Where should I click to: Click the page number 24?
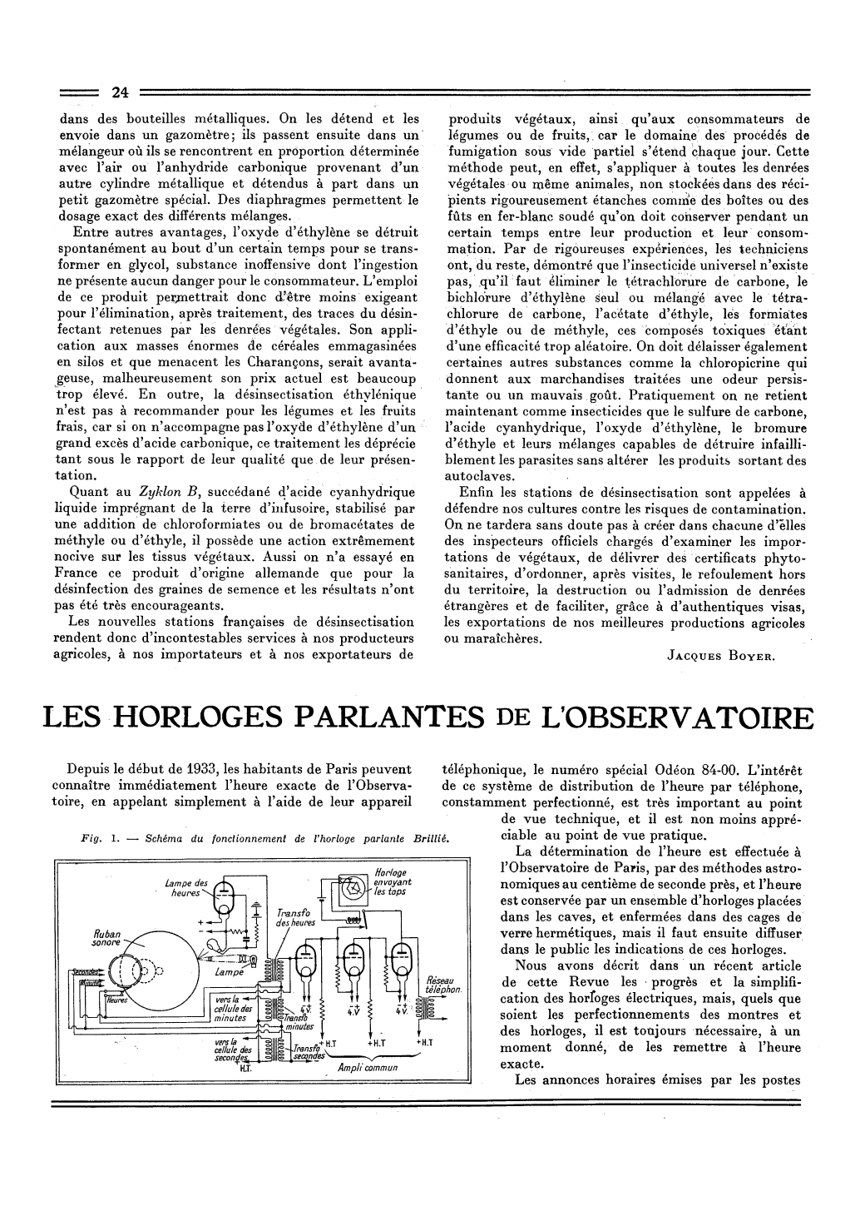click(x=121, y=92)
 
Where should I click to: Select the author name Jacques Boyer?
click(x=722, y=655)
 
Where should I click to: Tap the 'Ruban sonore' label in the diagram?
click(x=106, y=938)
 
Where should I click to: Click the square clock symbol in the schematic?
click(x=353, y=894)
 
